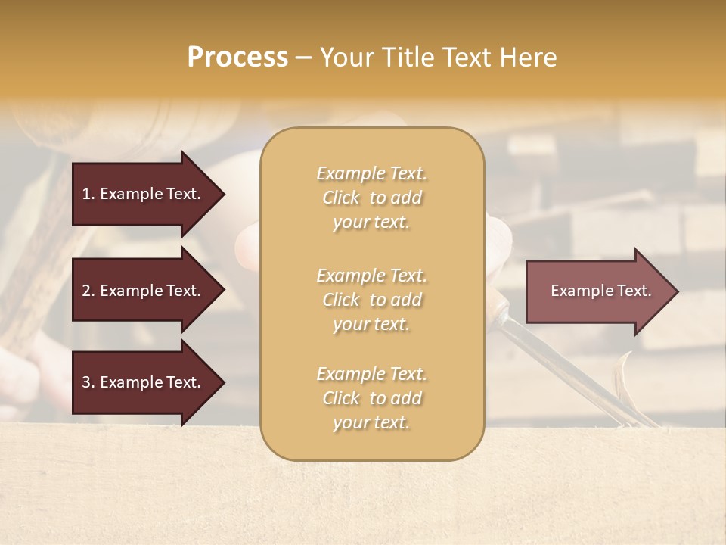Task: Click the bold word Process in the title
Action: click(237, 58)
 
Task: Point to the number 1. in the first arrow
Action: click(88, 194)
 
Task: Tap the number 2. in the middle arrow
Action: click(88, 291)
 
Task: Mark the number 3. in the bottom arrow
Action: click(88, 382)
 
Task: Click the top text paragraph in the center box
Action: click(371, 198)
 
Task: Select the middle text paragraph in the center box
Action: click(371, 300)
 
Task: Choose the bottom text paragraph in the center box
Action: click(371, 398)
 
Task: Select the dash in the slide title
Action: click(303, 58)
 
